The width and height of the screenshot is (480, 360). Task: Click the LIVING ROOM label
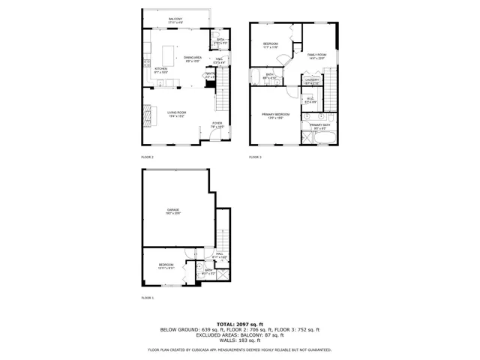[177, 112]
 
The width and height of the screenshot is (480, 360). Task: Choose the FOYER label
[217, 124]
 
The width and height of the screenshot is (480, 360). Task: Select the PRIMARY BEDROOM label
[275, 115]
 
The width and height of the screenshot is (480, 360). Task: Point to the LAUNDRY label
[312, 80]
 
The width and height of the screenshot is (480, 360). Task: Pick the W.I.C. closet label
[310, 99]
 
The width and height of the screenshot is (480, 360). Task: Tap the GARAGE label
[173, 211]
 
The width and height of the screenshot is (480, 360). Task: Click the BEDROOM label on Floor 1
[166, 265]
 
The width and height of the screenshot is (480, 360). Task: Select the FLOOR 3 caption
[255, 157]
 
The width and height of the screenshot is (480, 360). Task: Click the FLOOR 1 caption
[147, 298]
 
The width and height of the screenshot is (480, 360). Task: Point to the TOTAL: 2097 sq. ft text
[239, 322]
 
